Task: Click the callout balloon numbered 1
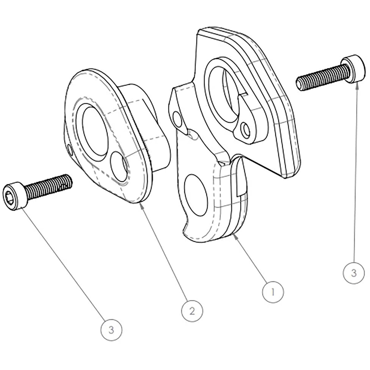[273, 292]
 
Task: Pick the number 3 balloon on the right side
[353, 273]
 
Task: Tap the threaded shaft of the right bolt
[323, 78]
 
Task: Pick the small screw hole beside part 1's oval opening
[245, 130]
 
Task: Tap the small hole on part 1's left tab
[177, 119]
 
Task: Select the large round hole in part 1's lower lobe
[196, 195]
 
